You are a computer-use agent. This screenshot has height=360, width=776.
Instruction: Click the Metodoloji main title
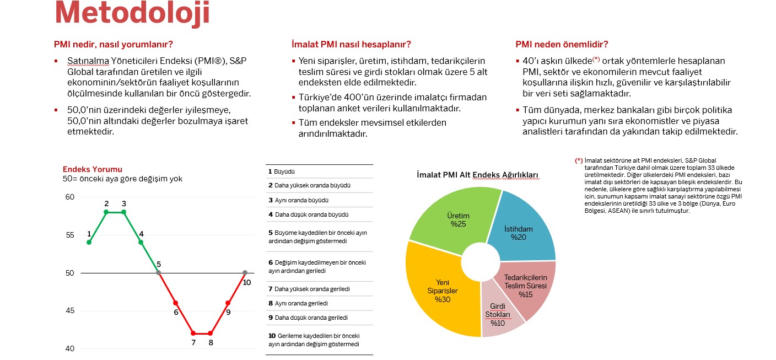132,13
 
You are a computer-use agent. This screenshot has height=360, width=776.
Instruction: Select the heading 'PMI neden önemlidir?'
562,45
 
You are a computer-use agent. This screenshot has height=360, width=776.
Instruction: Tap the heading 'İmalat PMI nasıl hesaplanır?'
351,45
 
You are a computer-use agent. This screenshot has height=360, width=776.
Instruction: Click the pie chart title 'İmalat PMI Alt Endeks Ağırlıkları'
477,175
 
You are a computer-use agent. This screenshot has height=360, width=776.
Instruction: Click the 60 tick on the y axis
70,197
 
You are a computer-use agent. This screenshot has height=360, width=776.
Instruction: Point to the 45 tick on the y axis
70,311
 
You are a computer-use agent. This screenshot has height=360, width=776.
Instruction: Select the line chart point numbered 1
89,242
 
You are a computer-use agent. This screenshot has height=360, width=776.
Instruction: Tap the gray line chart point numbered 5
159,272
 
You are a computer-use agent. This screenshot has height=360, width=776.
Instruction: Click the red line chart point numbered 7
193,333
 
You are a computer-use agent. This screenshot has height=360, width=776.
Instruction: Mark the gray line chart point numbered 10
245,272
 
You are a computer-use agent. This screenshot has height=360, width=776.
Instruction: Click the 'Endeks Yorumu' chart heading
93,169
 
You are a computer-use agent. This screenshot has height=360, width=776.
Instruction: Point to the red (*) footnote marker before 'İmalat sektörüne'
579,160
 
